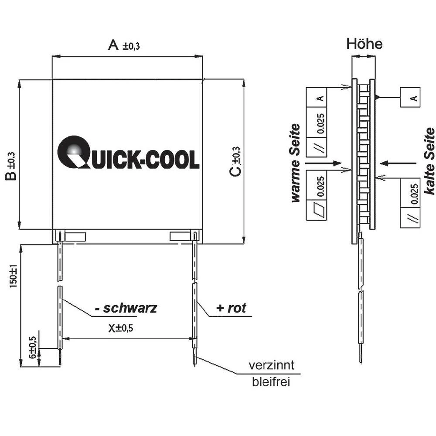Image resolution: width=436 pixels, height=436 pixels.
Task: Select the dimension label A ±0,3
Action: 124,45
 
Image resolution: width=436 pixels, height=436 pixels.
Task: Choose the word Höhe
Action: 364,44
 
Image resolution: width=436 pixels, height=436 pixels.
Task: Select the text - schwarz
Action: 126,308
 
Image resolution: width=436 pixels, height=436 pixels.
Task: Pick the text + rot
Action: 231,308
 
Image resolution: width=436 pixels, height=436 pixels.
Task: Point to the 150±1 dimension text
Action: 13,273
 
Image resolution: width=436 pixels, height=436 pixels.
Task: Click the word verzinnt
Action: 271,365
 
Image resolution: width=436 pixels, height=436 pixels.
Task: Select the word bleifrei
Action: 271,383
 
